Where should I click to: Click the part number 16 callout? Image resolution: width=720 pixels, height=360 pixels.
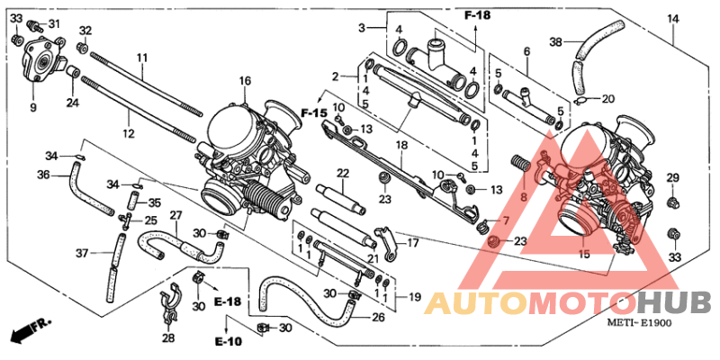(244, 82)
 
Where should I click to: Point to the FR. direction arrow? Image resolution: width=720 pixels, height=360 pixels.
(26, 331)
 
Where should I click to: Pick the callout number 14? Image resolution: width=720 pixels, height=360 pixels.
(672, 19)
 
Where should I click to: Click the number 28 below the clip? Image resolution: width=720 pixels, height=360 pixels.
(169, 338)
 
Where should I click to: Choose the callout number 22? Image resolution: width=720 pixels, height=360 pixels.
(343, 173)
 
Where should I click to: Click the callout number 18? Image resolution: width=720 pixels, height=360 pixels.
(402, 145)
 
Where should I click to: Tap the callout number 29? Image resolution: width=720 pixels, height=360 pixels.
(671, 179)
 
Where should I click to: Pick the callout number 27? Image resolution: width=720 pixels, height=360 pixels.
(175, 216)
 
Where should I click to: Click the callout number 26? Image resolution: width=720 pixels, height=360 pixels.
(378, 317)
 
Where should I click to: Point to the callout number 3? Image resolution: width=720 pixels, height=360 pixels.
(361, 29)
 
